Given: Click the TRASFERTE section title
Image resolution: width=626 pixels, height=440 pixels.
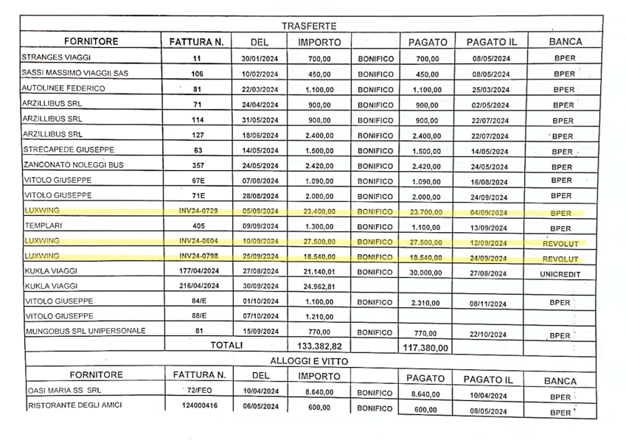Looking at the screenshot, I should click(308, 26).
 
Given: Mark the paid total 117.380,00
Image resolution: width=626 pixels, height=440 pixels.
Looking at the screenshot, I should click(427, 347).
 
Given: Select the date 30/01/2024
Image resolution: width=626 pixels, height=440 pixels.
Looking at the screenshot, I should click(259, 58).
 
